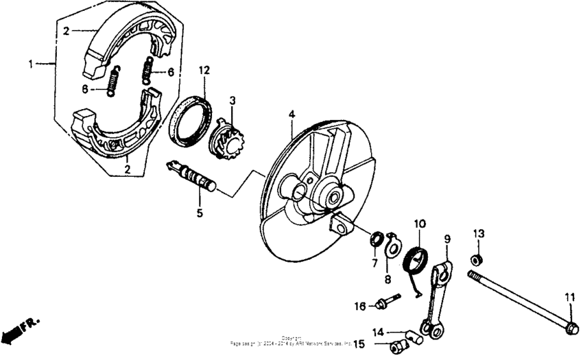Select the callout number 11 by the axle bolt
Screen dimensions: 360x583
[x=569, y=297]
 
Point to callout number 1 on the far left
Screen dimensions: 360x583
[x=31, y=64]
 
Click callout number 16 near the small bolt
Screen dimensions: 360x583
[x=359, y=307]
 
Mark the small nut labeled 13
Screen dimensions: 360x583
[x=475, y=259]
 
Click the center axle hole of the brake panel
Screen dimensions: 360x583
[x=335, y=196]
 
